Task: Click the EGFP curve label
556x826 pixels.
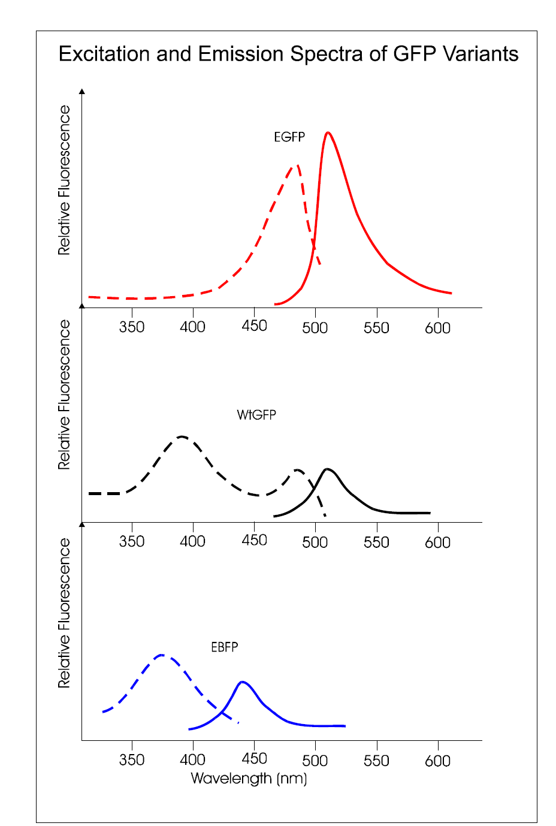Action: (x=289, y=137)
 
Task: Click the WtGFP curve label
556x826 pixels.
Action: (x=256, y=415)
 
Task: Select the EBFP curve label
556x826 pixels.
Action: (x=225, y=647)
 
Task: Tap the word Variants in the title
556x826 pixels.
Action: (x=481, y=54)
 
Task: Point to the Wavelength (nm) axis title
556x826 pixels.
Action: (x=249, y=779)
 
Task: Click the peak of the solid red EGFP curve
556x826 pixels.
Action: (x=328, y=132)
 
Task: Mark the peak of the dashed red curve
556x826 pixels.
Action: (x=297, y=165)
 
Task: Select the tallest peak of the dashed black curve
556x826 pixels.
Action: (x=182, y=436)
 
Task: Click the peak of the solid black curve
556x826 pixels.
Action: (x=327, y=469)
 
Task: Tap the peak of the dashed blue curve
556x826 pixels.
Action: (x=162, y=655)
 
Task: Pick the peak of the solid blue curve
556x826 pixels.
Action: (x=242, y=682)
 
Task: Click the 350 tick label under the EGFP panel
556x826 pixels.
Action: (x=132, y=327)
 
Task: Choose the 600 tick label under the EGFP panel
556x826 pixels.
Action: (x=437, y=328)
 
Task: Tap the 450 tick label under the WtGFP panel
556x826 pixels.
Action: (x=254, y=541)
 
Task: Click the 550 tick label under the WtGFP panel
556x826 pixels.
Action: (x=376, y=542)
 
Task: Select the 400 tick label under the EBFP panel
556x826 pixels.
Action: (x=193, y=760)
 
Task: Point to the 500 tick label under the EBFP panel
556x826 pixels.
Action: (x=315, y=761)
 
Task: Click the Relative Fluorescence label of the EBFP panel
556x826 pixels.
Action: (x=64, y=613)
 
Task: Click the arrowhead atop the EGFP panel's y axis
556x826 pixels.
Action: (x=82, y=91)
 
